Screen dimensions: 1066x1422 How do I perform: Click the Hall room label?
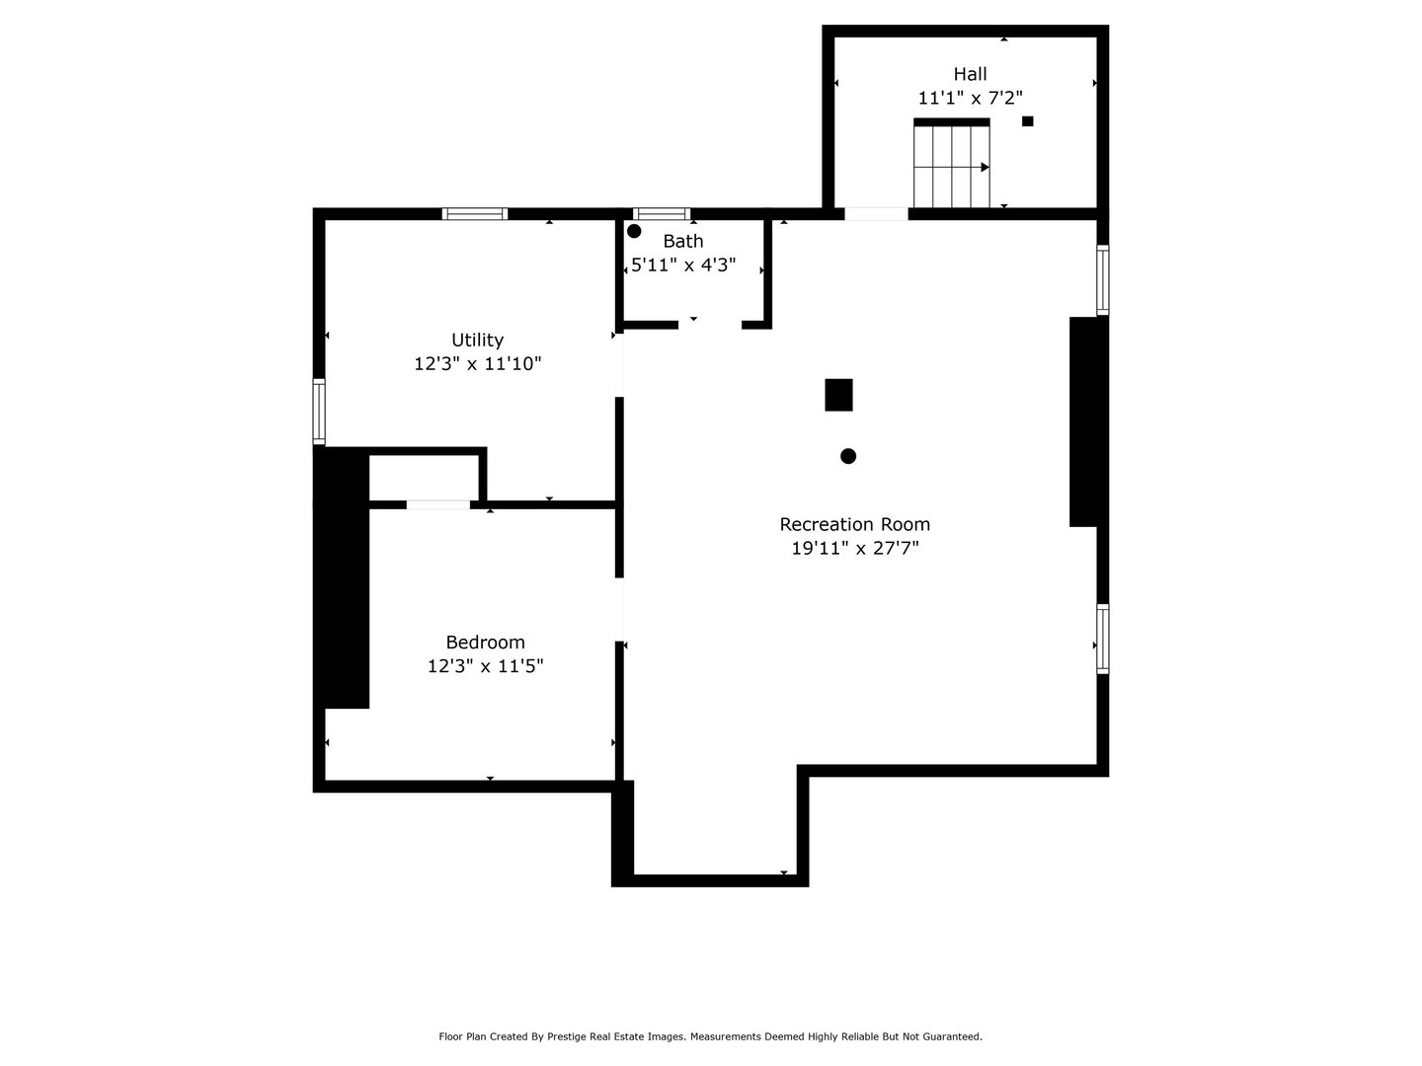[970, 74]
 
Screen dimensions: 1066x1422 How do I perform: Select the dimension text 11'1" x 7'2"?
[970, 98]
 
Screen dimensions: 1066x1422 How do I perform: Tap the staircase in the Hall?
[952, 166]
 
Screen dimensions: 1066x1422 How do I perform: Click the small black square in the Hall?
[1027, 121]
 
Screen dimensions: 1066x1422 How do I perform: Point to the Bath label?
[683, 242]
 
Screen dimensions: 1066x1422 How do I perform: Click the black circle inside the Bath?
[634, 231]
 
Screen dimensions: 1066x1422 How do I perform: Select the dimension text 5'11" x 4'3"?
[683, 266]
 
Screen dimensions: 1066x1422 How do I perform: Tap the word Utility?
[477, 341]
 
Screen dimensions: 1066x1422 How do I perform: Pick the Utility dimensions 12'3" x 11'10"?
[477, 364]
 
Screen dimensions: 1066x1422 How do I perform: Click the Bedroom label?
[485, 643]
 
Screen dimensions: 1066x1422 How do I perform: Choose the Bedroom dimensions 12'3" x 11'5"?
[485, 666]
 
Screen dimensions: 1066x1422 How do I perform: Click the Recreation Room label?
[854, 525]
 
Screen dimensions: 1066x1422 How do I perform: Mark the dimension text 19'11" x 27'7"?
[854, 549]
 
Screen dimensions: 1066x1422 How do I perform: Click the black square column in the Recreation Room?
[838, 395]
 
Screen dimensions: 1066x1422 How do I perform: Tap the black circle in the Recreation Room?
[848, 456]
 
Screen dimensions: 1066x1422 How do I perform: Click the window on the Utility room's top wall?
[475, 213]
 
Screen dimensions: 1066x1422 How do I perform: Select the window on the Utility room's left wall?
[319, 411]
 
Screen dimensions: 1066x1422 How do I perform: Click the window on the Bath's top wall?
[661, 213]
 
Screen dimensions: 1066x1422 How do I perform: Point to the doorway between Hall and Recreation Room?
[875, 213]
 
